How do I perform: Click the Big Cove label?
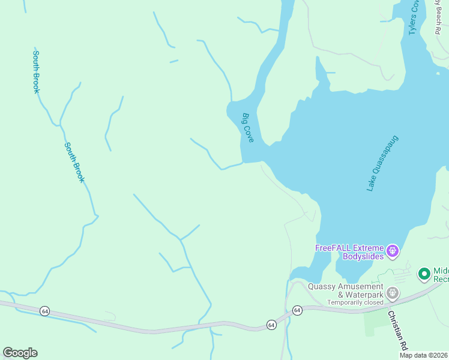click(248, 128)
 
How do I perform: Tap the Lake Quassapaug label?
click(382, 163)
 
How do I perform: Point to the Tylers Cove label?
click(414, 17)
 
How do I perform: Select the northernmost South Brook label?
click(36, 71)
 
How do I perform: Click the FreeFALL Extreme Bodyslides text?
click(350, 252)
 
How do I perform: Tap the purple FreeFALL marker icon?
click(393, 250)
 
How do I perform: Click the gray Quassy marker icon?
click(393, 293)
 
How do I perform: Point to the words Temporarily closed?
click(354, 302)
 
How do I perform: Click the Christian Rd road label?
click(397, 330)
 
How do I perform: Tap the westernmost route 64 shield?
click(44, 310)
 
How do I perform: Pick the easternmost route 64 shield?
click(297, 310)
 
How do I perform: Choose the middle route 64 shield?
click(271, 325)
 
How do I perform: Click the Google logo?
click(20, 353)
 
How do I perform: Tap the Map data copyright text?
click(423, 355)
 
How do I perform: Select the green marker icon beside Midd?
click(424, 274)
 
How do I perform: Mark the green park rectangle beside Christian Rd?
click(376, 321)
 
